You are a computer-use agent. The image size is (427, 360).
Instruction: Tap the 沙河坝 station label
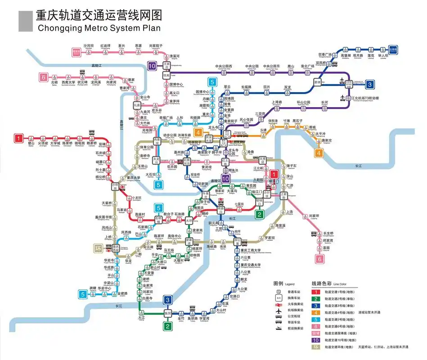(89, 46)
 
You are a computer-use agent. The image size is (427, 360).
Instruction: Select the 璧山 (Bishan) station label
(31, 144)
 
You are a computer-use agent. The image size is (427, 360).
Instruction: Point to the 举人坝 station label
(382, 56)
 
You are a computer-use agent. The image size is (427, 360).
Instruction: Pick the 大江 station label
(142, 317)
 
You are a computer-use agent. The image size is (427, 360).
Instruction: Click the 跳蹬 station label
(93, 288)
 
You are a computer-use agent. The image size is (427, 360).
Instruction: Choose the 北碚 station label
(54, 83)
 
